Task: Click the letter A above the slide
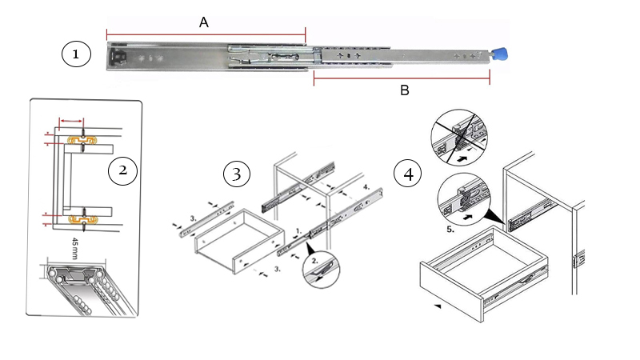pyautogui.click(x=204, y=24)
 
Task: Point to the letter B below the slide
pyautogui.click(x=405, y=91)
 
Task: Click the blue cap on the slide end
pyautogui.click(x=501, y=56)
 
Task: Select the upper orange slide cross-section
pyautogui.click(x=82, y=140)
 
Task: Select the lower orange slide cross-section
pyautogui.click(x=82, y=217)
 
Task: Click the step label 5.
pyautogui.click(x=452, y=228)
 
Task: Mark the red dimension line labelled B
pyautogui.click(x=401, y=79)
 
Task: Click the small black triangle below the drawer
pyautogui.click(x=437, y=306)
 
